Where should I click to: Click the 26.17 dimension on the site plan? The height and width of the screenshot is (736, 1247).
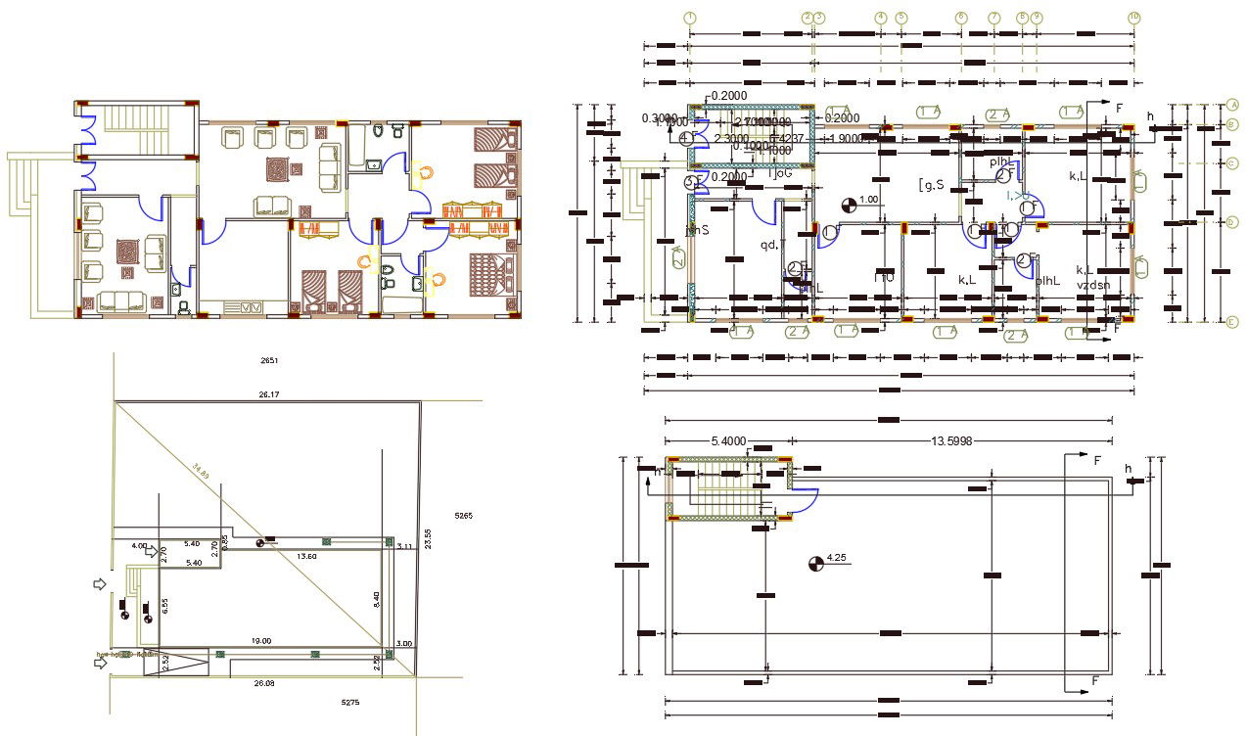click(x=269, y=394)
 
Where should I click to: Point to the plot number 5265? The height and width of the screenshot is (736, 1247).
click(x=464, y=514)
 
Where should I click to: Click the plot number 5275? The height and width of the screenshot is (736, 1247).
click(x=349, y=702)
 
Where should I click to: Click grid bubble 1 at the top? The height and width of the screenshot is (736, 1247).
click(x=690, y=18)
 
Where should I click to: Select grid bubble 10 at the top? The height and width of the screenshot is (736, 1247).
click(x=1134, y=18)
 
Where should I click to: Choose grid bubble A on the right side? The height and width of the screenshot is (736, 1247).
click(x=1232, y=105)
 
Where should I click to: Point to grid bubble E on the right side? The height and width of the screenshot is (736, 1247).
click(x=1232, y=321)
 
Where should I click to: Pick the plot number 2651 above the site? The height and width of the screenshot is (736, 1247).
click(x=269, y=361)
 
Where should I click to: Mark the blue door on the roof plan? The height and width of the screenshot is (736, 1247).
click(x=806, y=498)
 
